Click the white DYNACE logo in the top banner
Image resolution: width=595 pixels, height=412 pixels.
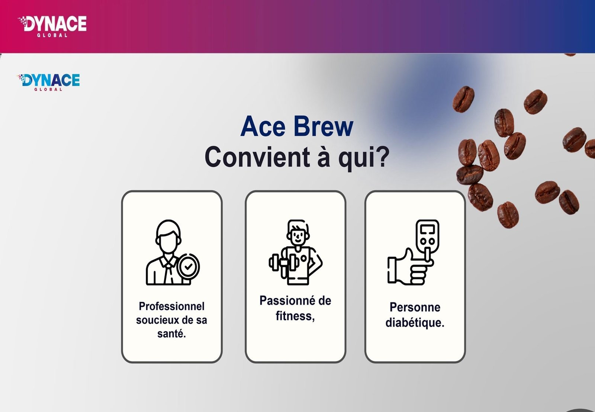coord(52,25)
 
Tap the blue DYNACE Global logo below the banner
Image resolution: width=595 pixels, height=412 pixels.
coord(49,81)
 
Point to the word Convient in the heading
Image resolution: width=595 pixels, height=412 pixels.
coord(257,157)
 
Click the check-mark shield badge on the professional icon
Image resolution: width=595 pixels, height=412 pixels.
coord(188,266)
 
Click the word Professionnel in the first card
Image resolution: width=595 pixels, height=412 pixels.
coord(171,306)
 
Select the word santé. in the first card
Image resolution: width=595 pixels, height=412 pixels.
coord(171,334)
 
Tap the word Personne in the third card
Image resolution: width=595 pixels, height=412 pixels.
coord(415,308)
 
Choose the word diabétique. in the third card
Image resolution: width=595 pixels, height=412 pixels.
coord(415,322)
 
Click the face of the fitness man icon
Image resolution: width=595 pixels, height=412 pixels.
coord(297,235)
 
